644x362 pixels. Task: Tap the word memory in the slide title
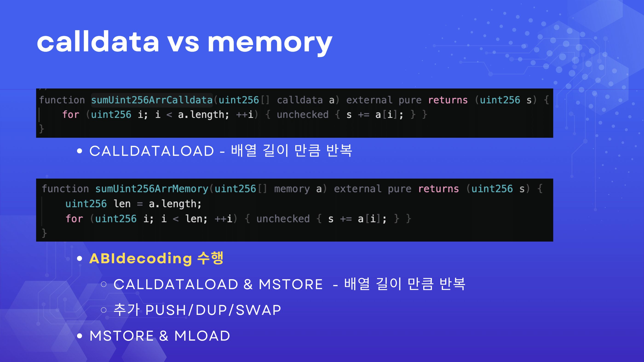pos(270,44)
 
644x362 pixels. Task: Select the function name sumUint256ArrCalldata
pos(152,100)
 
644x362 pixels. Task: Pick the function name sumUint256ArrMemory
pos(152,189)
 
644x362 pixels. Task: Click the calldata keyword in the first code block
pos(300,100)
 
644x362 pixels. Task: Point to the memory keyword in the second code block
pos(292,189)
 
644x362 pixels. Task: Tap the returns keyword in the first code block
pos(448,100)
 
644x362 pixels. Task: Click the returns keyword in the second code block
pos(439,189)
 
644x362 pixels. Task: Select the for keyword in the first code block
pos(71,115)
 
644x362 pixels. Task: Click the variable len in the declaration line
pos(122,204)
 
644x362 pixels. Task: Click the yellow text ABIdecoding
pos(141,258)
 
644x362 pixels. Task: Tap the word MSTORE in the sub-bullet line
pos(290,284)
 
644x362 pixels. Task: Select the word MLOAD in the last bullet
pos(202,336)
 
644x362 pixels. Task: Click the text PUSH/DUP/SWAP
pos(213,310)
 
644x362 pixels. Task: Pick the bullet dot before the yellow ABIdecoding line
pos(80,259)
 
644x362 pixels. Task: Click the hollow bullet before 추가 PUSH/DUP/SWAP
pos(104,310)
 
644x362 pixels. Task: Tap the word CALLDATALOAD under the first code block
pos(152,151)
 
